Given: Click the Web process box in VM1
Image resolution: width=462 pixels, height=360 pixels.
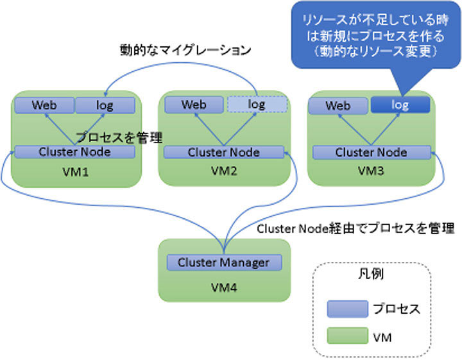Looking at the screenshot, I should [44, 105].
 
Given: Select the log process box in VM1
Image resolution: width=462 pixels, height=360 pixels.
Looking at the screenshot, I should [105, 105].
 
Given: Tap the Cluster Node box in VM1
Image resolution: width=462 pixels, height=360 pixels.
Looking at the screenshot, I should [74, 152].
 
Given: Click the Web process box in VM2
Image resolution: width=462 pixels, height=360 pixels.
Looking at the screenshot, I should [193, 105].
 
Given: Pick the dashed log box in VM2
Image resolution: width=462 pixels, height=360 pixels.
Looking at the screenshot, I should [256, 105].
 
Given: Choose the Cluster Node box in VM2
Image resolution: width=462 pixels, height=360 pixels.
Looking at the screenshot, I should [223, 152].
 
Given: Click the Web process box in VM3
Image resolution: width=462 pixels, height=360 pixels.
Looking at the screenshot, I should [338, 105].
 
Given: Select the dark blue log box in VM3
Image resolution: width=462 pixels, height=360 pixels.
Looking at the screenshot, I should [399, 105].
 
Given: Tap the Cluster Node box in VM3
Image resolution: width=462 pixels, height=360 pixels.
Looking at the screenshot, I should [371, 152].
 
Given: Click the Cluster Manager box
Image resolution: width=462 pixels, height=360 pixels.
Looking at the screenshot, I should [223, 262].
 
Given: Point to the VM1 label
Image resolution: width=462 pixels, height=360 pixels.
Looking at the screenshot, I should [74, 173].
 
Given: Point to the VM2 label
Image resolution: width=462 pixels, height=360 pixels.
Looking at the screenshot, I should [224, 172].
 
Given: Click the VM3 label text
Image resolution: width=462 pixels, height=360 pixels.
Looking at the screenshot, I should [371, 172].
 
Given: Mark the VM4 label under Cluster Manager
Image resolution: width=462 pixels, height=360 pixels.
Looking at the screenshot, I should [223, 286].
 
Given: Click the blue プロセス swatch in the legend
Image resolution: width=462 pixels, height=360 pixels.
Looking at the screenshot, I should [347, 309].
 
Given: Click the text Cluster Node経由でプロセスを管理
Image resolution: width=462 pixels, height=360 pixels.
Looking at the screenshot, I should [355, 229].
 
